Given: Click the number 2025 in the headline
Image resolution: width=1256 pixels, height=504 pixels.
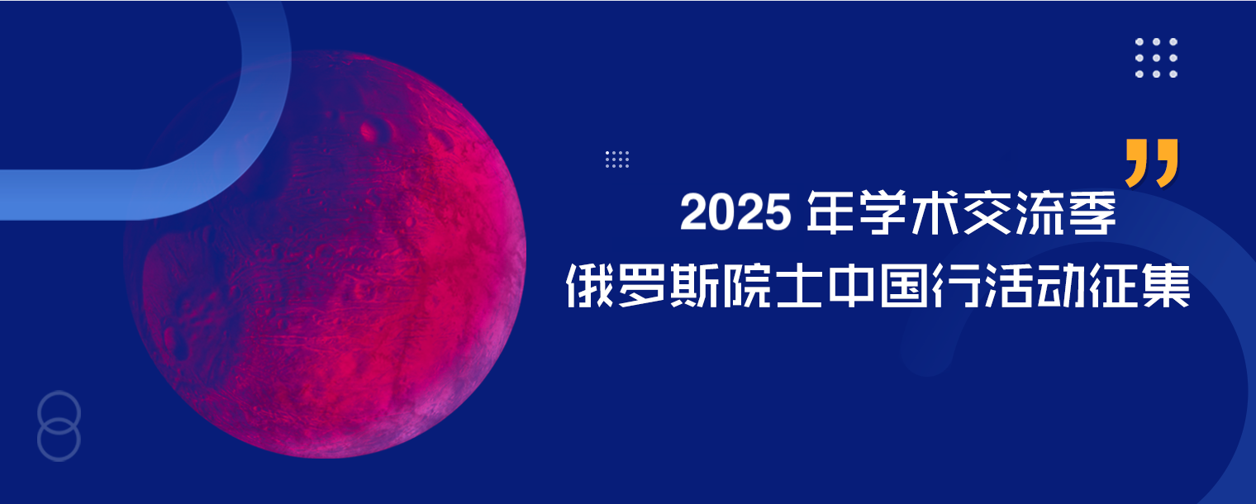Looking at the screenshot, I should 734,214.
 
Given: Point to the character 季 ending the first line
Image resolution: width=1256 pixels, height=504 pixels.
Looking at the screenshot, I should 1088,213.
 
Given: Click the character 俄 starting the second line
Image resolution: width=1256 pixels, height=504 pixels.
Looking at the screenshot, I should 592,286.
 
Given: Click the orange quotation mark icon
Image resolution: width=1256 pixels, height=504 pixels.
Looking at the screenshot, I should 1151,163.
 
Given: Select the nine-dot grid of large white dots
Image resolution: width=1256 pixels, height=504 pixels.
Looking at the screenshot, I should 1156,58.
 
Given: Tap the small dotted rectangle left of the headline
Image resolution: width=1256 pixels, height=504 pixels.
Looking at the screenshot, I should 617,159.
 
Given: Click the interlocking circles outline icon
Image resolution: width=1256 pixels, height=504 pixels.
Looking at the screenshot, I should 59,426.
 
